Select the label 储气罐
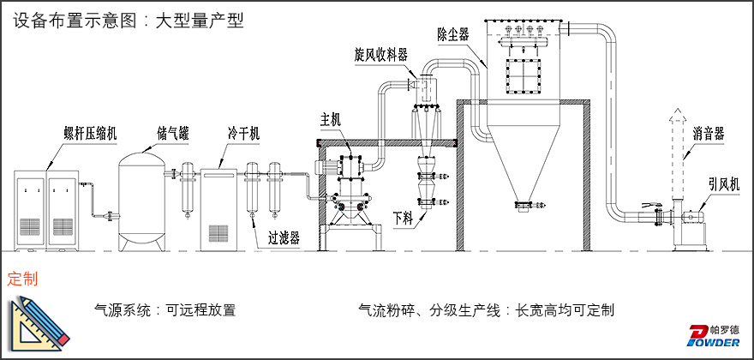pos(173,133)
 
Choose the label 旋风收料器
pos(381,54)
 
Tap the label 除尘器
pos(452,34)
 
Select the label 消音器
pos(709,133)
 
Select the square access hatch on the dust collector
pos(525,76)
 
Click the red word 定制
pos(22,279)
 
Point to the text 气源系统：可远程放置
pos(165,310)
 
